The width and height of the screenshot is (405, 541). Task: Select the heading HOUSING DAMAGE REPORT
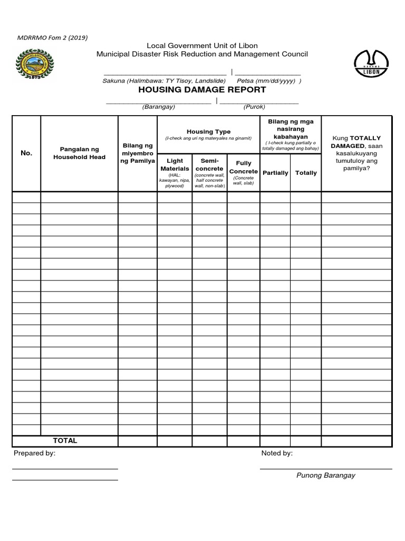point(202,90)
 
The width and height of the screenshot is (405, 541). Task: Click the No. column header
point(26,153)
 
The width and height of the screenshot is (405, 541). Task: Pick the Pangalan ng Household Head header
point(79,153)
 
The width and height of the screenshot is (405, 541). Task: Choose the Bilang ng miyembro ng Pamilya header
point(138,153)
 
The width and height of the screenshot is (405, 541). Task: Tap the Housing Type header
point(208,132)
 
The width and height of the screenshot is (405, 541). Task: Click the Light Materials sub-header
point(175,164)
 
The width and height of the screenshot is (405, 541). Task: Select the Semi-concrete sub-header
point(209,164)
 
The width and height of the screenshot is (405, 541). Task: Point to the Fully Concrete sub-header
point(244,167)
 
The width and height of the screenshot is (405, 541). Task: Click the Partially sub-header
point(275,173)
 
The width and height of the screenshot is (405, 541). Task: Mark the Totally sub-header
point(306,173)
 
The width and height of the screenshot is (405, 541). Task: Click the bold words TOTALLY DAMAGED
point(356,142)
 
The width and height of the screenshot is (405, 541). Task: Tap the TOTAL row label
point(65,441)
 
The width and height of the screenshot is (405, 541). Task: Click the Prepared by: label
point(34,453)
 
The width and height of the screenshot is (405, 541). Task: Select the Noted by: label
point(277,453)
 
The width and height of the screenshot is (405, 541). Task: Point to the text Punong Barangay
point(325,475)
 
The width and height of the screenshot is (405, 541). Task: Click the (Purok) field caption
point(254,107)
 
